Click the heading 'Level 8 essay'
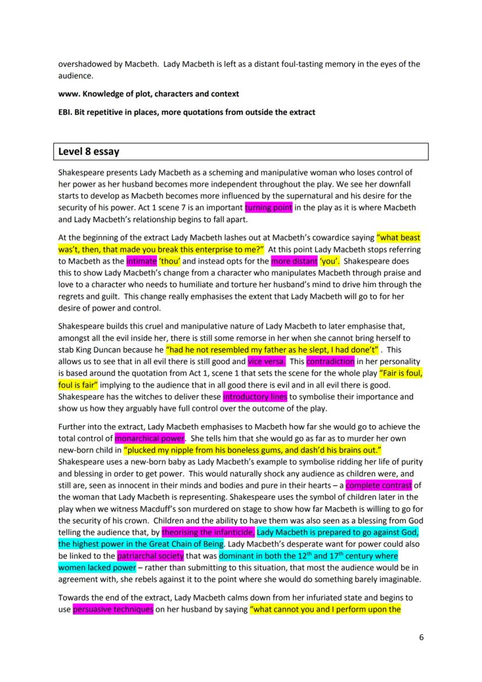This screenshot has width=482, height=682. pos(88,152)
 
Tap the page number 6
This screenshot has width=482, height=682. pos(421,637)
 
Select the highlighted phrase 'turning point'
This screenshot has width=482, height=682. pos(268,208)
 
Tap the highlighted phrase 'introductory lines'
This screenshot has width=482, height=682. pos(255,397)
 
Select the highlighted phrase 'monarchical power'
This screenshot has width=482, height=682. pos(150,438)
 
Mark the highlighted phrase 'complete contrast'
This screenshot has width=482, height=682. pos(378,485)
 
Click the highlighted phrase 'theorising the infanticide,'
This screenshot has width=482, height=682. pos(208,532)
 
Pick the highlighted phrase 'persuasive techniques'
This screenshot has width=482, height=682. pos(113,610)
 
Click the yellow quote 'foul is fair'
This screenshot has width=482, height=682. pos(79,385)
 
